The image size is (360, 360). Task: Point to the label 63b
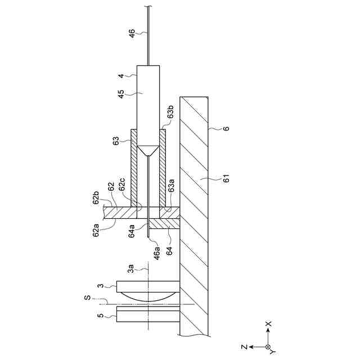click(171, 117)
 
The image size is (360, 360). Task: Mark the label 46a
click(157, 251)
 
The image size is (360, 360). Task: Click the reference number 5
click(100, 316)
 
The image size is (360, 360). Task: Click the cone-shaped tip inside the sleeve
click(148, 151)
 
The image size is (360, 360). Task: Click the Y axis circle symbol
click(268, 347)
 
